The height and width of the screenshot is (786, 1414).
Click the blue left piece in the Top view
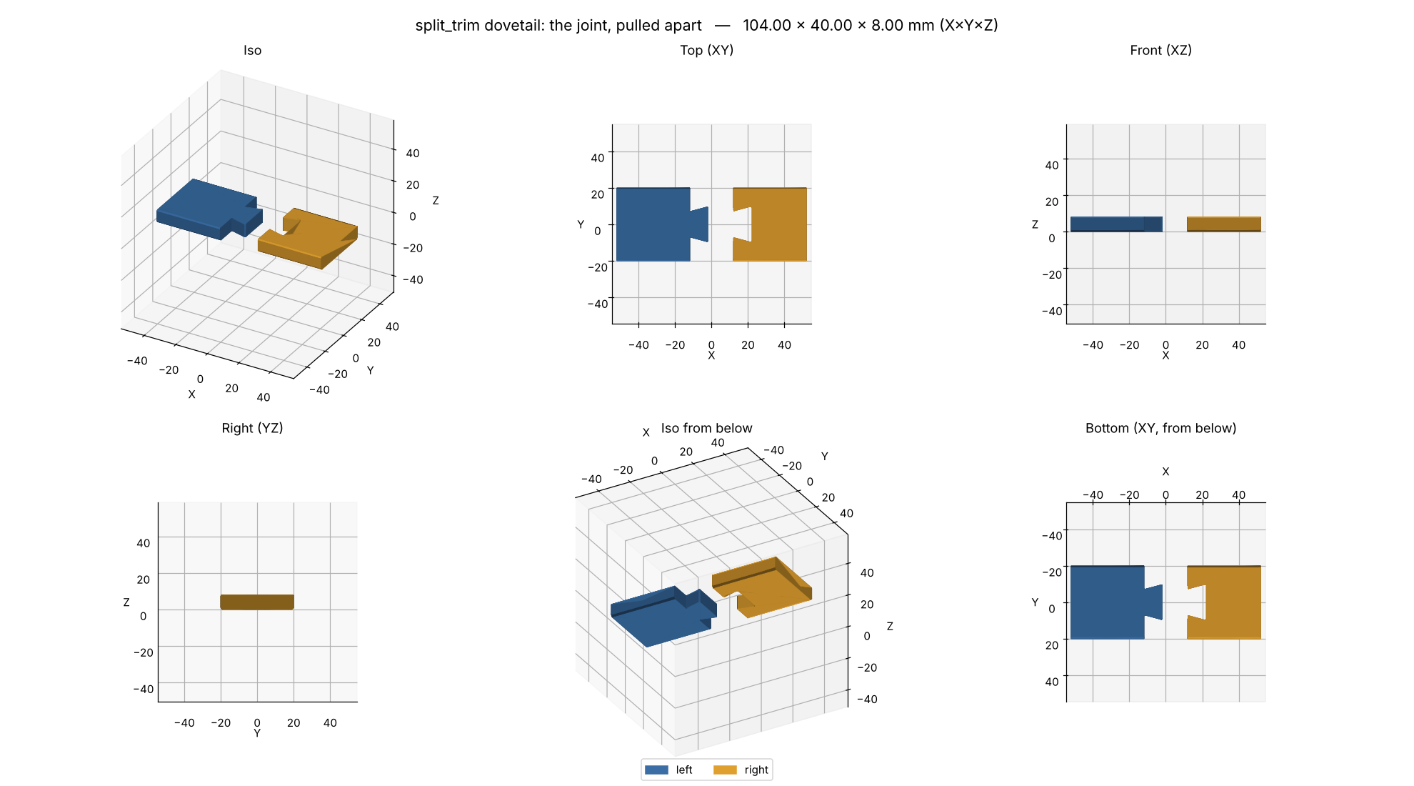pyautogui.click(x=653, y=224)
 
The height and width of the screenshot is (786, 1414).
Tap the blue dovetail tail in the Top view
pyautogui.click(x=700, y=224)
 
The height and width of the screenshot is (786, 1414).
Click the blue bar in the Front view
pyautogui.click(x=1116, y=224)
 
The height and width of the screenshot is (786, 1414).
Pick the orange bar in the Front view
pyautogui.click(x=1224, y=224)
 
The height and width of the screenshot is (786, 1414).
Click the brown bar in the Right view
pyautogui.click(x=257, y=602)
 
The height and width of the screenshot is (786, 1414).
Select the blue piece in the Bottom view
pyautogui.click(x=1108, y=602)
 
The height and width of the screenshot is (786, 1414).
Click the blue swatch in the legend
pyautogui.click(x=656, y=770)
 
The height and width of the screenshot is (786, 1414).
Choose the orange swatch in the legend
pyautogui.click(x=725, y=770)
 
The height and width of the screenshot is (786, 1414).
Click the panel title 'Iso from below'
pyautogui.click(x=706, y=428)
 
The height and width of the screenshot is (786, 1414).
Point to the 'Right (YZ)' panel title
pyautogui.click(x=252, y=428)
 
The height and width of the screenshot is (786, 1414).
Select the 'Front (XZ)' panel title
pyautogui.click(x=1160, y=50)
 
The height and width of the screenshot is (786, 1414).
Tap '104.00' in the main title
pyautogui.click(x=767, y=26)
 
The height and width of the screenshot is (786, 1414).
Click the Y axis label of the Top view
pyautogui.click(x=581, y=224)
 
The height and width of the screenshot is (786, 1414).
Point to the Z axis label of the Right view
pyautogui.click(x=126, y=602)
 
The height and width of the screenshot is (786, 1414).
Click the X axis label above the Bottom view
pyautogui.click(x=1165, y=472)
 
